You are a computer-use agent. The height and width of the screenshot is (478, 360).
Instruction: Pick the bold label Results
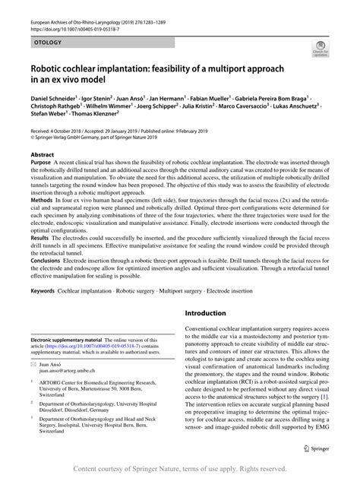pyautogui.click(x=41, y=260)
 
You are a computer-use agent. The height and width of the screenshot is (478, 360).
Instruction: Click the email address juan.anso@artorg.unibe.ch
pyautogui.click(x=74, y=394)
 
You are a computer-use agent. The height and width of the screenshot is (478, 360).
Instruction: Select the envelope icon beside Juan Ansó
pyautogui.click(x=33, y=387)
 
